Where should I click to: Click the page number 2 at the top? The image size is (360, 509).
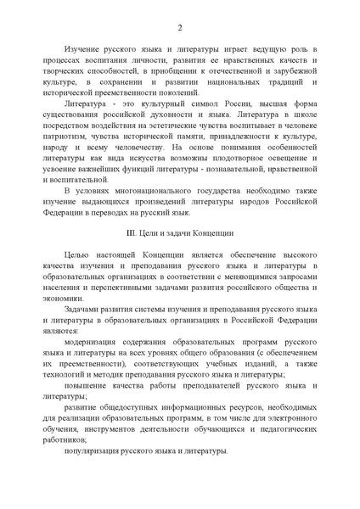[180, 28]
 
